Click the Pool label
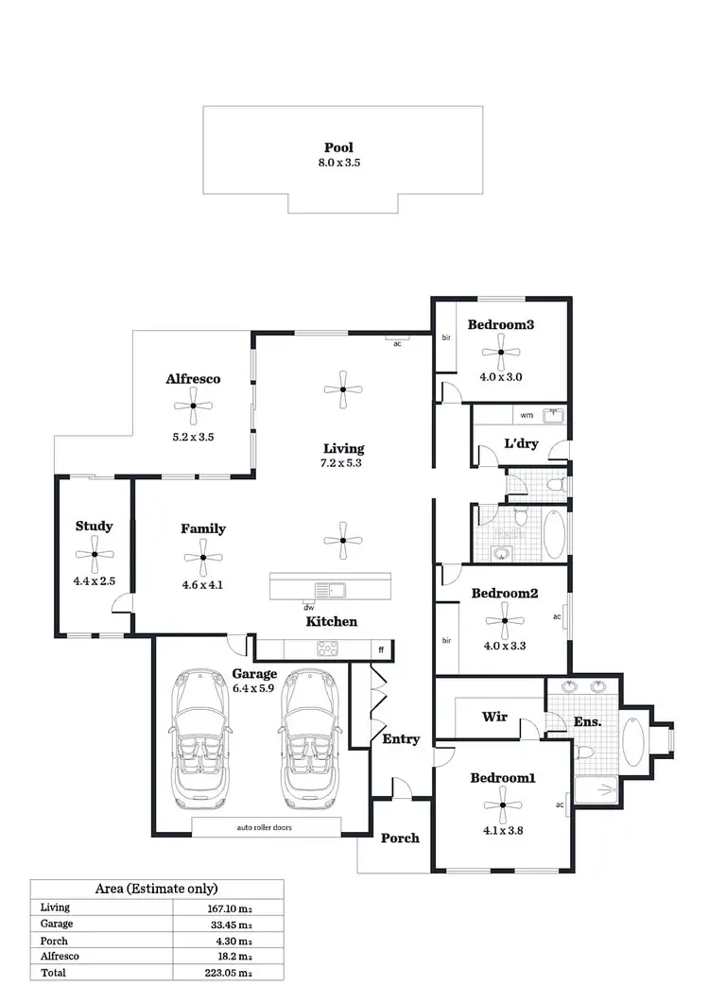click(337, 147)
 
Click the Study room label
click(95, 526)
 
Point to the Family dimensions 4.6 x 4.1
click(203, 584)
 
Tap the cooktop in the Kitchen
click(328, 648)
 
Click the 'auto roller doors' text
click(265, 827)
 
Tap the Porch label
click(400, 838)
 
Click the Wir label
click(495, 717)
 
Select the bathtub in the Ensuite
click(633, 741)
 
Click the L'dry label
click(520, 442)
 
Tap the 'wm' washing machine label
click(527, 415)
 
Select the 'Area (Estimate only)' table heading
click(157, 889)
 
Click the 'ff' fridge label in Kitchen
click(382, 649)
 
